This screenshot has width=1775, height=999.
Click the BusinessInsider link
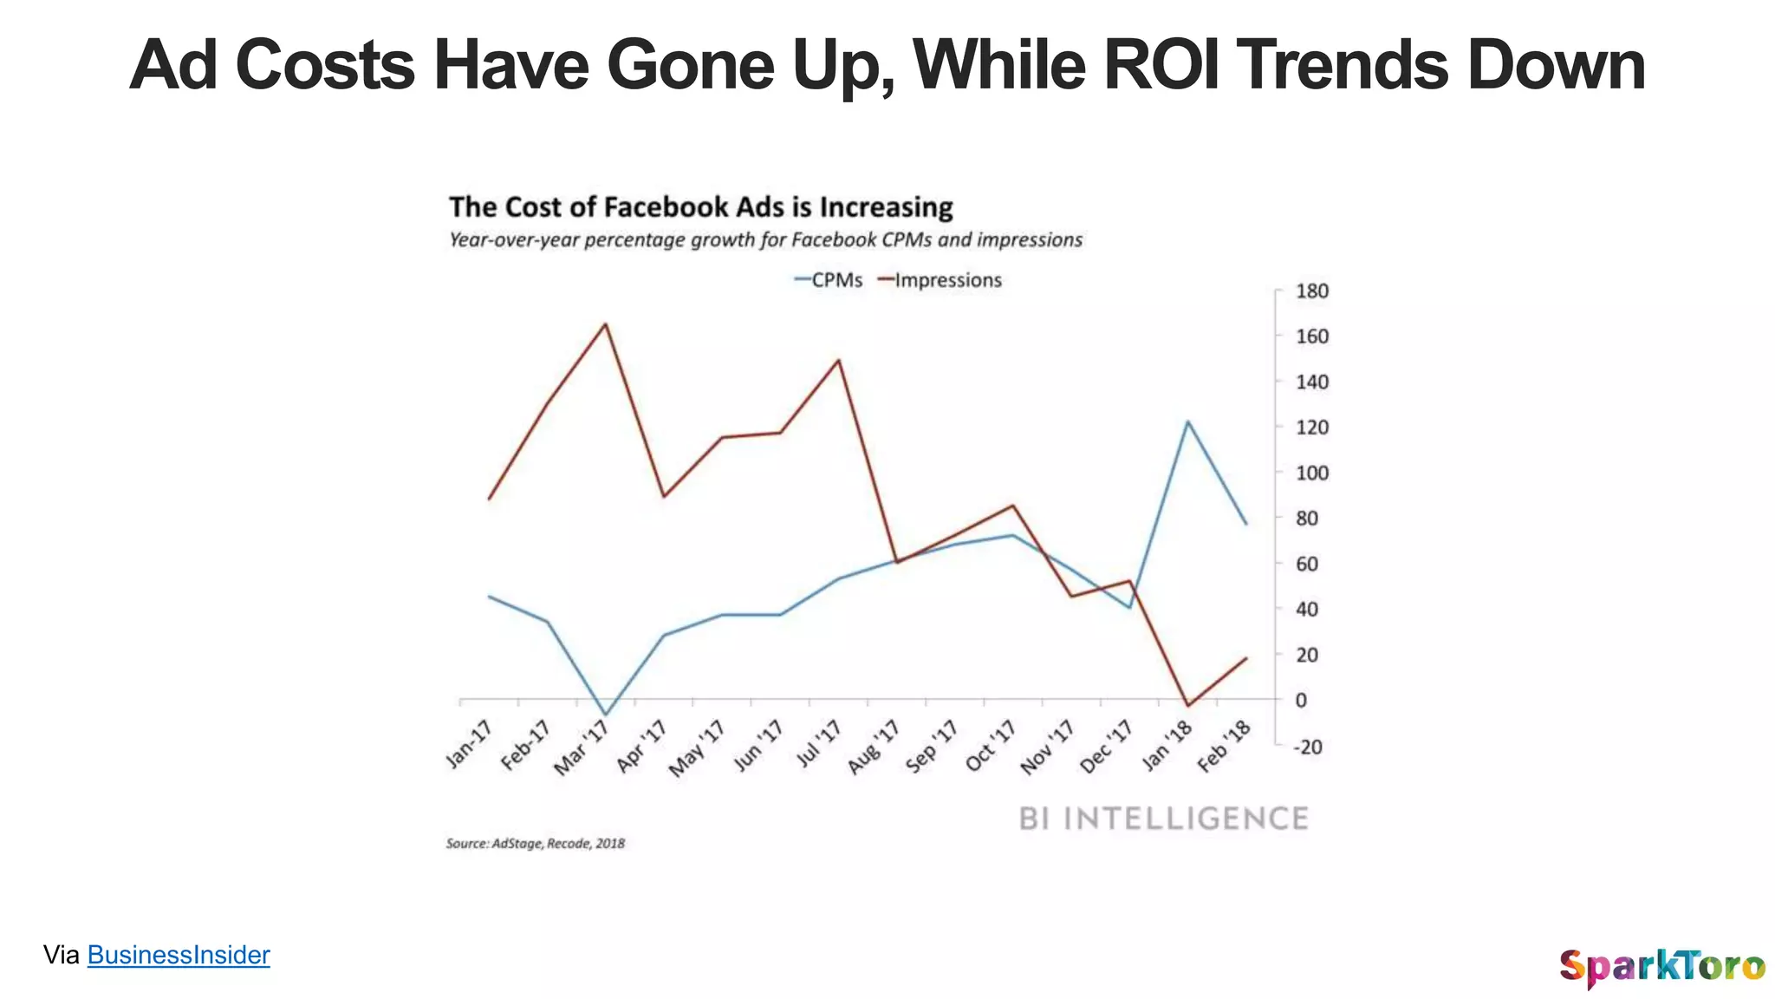pyautogui.click(x=179, y=955)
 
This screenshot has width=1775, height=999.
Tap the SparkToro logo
pyautogui.click(x=1661, y=966)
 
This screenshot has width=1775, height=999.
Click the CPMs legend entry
pyautogui.click(x=829, y=280)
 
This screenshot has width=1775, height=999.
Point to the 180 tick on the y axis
pyautogui.click(x=1311, y=291)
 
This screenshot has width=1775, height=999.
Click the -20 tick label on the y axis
pyautogui.click(x=1307, y=747)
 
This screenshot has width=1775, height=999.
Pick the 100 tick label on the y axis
pyautogui.click(x=1311, y=473)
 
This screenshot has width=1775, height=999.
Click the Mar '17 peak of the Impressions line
pyautogui.click(x=605, y=324)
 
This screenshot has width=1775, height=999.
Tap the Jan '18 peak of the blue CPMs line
pyautogui.click(x=1187, y=421)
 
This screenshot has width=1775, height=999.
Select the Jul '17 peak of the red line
pyautogui.click(x=838, y=360)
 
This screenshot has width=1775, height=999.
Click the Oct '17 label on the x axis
pyautogui.click(x=991, y=746)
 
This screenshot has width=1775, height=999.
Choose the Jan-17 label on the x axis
pyautogui.click(x=469, y=744)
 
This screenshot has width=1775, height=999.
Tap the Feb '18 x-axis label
pyautogui.click(x=1225, y=747)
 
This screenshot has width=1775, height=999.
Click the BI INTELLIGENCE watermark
pyautogui.click(x=1163, y=819)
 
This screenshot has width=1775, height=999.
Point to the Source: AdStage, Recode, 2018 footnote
pyautogui.click(x=535, y=844)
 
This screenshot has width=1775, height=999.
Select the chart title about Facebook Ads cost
pyautogui.click(x=700, y=207)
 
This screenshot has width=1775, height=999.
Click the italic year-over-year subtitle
pyautogui.click(x=765, y=240)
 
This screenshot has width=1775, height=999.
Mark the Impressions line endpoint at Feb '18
pyautogui.click(x=1246, y=658)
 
